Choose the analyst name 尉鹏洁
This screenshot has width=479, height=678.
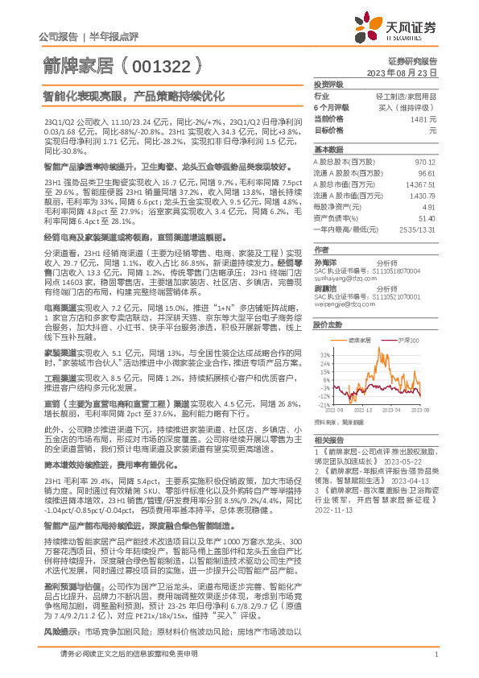pos(325,287)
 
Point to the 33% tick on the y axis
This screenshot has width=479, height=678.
pos(324,354)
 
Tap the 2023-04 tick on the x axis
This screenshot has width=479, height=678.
pos(395,410)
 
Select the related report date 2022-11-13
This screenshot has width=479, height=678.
pos(332,510)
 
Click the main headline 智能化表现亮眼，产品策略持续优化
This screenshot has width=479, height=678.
pos(132,94)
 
